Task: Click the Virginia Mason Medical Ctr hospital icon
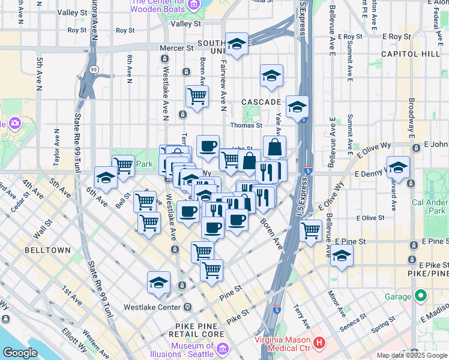click(319, 344)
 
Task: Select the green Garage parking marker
click(421, 296)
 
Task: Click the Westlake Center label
click(152, 307)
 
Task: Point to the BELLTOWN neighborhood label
click(48, 250)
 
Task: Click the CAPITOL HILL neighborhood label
click(414, 54)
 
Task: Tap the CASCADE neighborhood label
click(261, 103)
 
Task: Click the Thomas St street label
click(247, 125)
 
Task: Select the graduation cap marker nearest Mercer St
click(237, 44)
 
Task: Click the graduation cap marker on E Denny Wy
click(398, 167)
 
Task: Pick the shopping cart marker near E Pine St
click(311, 230)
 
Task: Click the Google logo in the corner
click(20, 353)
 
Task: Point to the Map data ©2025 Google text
click(411, 355)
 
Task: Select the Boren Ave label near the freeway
click(271, 234)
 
